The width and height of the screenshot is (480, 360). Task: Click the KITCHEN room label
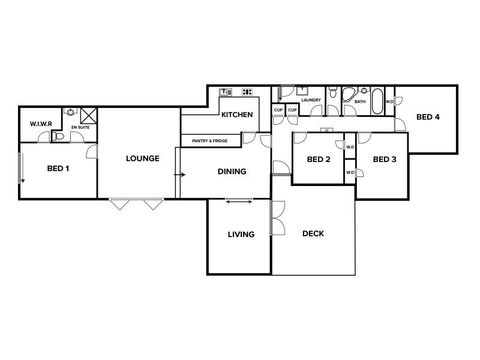coord(237,115)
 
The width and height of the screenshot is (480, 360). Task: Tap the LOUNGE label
coord(143,158)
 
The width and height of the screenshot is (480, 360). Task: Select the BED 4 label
coord(428,117)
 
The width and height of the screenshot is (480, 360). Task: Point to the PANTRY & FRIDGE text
coord(209,141)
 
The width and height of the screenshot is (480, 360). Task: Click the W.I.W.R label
coord(41,124)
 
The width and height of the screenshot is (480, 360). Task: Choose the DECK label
coord(313,233)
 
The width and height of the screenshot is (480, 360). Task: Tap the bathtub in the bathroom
coord(377,101)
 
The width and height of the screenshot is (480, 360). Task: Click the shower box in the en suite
coord(88,116)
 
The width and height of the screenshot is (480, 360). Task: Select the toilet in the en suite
coord(58,136)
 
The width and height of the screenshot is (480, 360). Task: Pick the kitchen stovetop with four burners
coord(247,92)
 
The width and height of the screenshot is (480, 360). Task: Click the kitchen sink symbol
coord(226,92)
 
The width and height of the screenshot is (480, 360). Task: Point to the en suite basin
coord(70,112)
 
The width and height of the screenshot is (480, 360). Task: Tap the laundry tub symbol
coord(302,91)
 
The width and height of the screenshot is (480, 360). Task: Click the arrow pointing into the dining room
coord(179,175)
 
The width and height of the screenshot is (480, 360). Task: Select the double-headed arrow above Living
coord(239,202)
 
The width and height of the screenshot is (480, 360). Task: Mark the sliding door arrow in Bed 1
coord(22,169)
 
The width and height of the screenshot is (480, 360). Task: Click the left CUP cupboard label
coord(278,110)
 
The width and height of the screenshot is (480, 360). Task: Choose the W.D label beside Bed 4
coord(389,101)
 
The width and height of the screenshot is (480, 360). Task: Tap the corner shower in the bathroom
coord(349,95)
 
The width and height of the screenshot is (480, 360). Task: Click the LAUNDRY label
coord(311,100)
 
